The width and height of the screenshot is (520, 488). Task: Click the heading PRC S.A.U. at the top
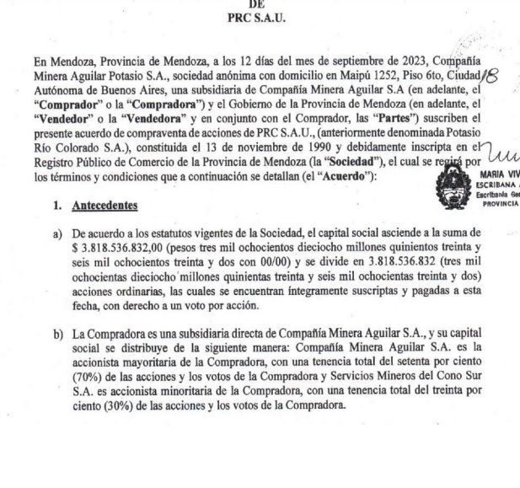pos(260,18)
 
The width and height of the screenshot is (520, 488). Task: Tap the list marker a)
pos(59,231)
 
